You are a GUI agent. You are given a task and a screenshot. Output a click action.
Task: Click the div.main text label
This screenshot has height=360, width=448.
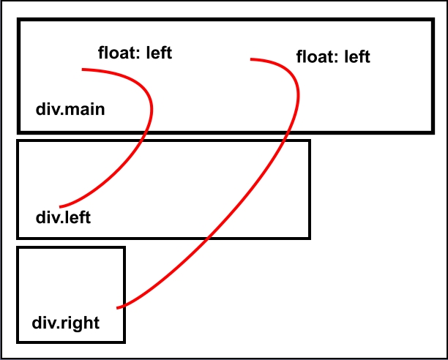point(70,110)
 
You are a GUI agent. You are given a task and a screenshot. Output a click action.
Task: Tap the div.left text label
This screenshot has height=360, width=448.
point(63,218)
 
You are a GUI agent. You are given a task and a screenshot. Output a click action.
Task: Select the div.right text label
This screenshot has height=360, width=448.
point(66,322)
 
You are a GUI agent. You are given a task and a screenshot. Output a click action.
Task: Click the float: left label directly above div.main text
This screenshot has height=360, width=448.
point(135,53)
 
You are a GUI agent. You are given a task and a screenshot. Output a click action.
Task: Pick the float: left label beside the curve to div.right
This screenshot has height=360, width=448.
point(333,56)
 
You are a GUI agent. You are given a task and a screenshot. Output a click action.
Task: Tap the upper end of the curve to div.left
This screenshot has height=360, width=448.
point(83,70)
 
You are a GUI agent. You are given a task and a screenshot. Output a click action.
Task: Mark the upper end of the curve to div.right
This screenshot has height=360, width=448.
point(251,59)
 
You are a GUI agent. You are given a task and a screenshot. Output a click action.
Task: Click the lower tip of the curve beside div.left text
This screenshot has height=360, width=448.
point(60,207)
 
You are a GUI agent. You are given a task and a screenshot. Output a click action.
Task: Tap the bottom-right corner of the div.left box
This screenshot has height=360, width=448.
point(310,237)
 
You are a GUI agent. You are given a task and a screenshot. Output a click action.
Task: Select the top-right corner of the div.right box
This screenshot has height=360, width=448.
point(124,249)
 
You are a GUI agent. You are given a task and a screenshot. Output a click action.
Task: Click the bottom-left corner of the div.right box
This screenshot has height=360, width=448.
point(18,341)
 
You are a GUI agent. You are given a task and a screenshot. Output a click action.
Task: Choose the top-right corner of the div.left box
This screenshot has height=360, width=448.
point(310,140)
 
